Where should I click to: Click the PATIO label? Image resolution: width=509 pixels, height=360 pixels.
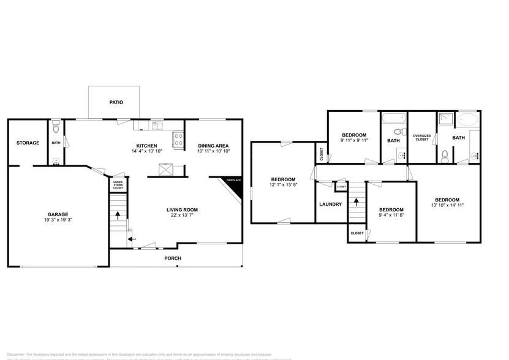pyautogui.click(x=116, y=102)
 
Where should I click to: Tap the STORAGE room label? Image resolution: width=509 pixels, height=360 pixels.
pyautogui.click(x=28, y=143)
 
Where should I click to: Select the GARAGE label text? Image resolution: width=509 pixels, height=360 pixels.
pyautogui.click(x=58, y=214)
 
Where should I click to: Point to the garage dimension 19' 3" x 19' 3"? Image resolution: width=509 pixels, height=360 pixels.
pyautogui.click(x=58, y=220)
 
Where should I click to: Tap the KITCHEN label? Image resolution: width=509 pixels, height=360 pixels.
pyautogui.click(x=147, y=145)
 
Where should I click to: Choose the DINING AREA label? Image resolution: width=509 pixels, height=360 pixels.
pyautogui.click(x=214, y=145)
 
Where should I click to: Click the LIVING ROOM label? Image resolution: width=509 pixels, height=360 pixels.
pyautogui.click(x=183, y=209)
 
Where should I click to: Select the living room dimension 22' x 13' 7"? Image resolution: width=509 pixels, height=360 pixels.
pyautogui.click(x=183, y=216)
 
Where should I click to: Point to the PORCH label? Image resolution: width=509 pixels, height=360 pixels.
pyautogui.click(x=173, y=258)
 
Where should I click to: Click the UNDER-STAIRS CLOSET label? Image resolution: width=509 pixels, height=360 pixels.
pyautogui.click(x=118, y=184)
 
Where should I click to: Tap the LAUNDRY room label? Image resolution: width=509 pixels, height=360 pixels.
pyautogui.click(x=330, y=204)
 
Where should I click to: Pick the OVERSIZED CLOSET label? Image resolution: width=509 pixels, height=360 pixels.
pyautogui.click(x=421, y=138)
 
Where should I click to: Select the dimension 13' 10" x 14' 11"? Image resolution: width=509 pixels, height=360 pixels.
pyautogui.click(x=447, y=206)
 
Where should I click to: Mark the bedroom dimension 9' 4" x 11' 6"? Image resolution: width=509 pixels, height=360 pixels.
pyautogui.click(x=391, y=215)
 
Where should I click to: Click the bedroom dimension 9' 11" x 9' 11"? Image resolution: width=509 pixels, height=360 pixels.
pyautogui.click(x=354, y=141)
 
